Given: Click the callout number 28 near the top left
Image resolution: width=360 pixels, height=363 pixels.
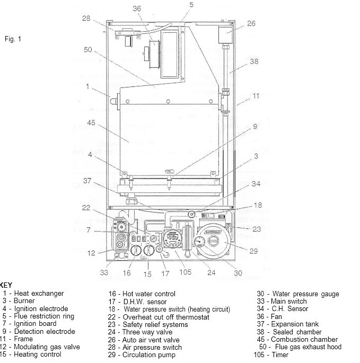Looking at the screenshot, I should pos(86,19).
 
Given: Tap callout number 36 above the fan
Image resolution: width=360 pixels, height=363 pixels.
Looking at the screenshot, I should pos(137,8).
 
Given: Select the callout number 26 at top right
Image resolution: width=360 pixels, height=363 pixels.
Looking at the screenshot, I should pos(251,23).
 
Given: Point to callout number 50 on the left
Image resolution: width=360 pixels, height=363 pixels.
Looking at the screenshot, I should pos(88,50).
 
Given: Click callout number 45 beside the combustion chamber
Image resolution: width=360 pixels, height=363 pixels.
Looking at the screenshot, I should pos(91,123).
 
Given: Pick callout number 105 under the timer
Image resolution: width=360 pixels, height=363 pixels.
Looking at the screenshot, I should pos(185,273).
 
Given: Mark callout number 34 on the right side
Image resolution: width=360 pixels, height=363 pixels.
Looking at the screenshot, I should pos(256,184).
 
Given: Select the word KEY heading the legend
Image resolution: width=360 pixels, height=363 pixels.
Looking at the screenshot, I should pos(5,285).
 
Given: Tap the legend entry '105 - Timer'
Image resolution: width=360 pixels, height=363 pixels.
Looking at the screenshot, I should pos(274,355).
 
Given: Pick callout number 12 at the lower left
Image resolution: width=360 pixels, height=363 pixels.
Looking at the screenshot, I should pos(91,253).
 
